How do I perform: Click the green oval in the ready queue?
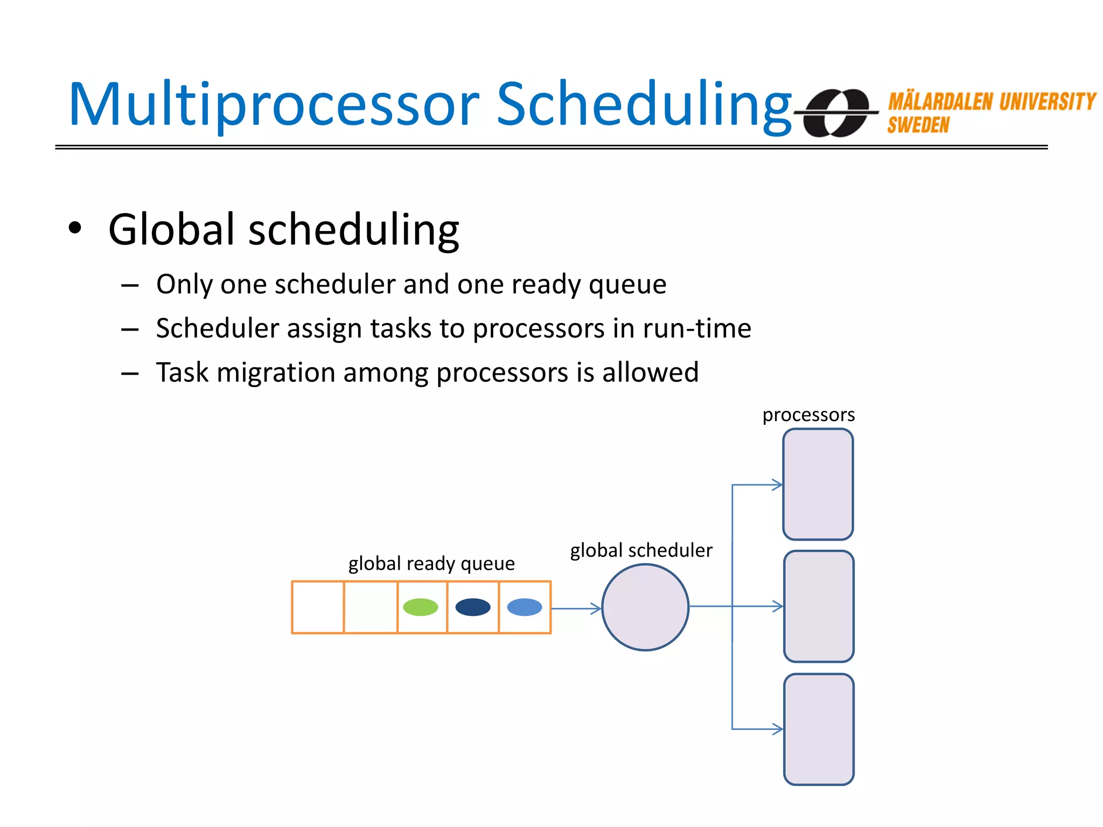pyautogui.click(x=420, y=607)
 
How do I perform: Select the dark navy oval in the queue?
pyautogui.click(x=473, y=607)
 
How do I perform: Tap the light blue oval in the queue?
pyautogui.click(x=525, y=607)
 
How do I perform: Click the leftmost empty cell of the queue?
pyautogui.click(x=318, y=607)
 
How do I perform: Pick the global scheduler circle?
pyautogui.click(x=645, y=607)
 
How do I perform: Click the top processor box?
pyautogui.click(x=818, y=484)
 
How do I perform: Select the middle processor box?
pyautogui.click(x=819, y=606)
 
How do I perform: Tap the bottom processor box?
pyautogui.click(x=819, y=729)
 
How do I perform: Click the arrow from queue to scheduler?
pyautogui.click(x=575, y=608)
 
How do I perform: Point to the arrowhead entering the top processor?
pyautogui.click(x=778, y=485)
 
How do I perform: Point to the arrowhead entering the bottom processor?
pyautogui.click(x=778, y=729)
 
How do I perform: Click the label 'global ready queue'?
pyautogui.click(x=431, y=564)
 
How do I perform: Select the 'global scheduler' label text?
pyautogui.click(x=641, y=550)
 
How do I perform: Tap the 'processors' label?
pyautogui.click(x=808, y=415)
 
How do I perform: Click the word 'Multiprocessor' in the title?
pyautogui.click(x=274, y=105)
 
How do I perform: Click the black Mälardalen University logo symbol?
pyautogui.click(x=836, y=113)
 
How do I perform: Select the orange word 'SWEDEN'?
pyautogui.click(x=918, y=125)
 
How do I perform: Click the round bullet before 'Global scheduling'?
pyautogui.click(x=75, y=228)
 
